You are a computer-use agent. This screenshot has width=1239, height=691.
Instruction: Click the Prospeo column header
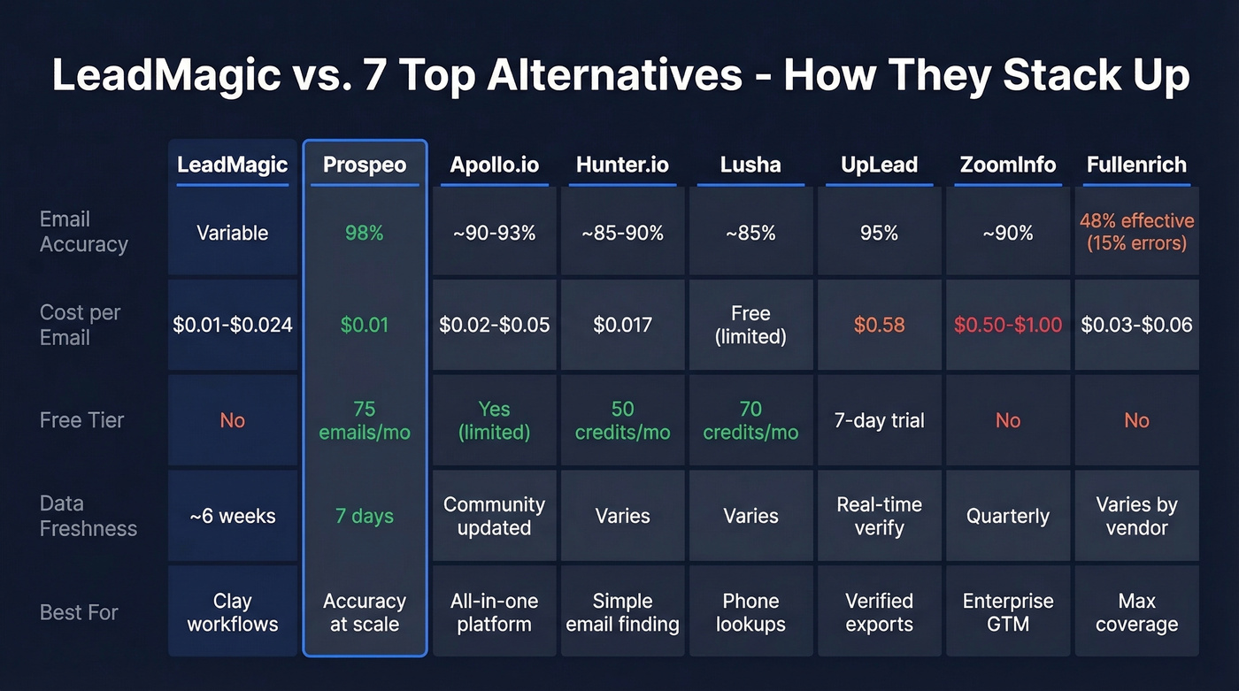365,165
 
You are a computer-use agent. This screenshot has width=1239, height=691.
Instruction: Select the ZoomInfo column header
1008,165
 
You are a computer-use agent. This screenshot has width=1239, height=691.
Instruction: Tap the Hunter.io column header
622,165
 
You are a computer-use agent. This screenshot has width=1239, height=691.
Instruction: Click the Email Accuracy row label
84,232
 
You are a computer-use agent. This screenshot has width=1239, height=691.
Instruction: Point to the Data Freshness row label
88,516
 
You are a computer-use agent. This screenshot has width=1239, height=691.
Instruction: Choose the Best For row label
79,612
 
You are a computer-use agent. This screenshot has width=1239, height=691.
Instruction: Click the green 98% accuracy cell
365,233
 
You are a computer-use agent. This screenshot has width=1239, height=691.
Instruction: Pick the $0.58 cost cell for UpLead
879,325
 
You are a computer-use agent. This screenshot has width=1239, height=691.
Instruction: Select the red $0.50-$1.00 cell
1008,325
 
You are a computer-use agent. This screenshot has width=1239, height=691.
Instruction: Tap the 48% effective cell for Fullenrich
1136,232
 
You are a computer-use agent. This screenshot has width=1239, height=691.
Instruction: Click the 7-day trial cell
879,420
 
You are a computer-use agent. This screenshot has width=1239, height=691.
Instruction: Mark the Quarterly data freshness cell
1008,516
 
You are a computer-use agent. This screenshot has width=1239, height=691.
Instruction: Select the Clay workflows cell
233,612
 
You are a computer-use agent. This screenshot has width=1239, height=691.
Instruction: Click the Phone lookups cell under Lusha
750,612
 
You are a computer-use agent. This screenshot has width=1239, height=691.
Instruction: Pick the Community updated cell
494,516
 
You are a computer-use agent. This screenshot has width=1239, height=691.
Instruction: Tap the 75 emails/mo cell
365,420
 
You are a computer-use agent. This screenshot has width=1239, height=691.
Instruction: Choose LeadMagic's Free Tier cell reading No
233,420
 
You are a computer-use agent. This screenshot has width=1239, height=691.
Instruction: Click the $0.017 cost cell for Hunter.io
622,325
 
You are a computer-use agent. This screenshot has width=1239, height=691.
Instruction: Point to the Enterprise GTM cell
1008,612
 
